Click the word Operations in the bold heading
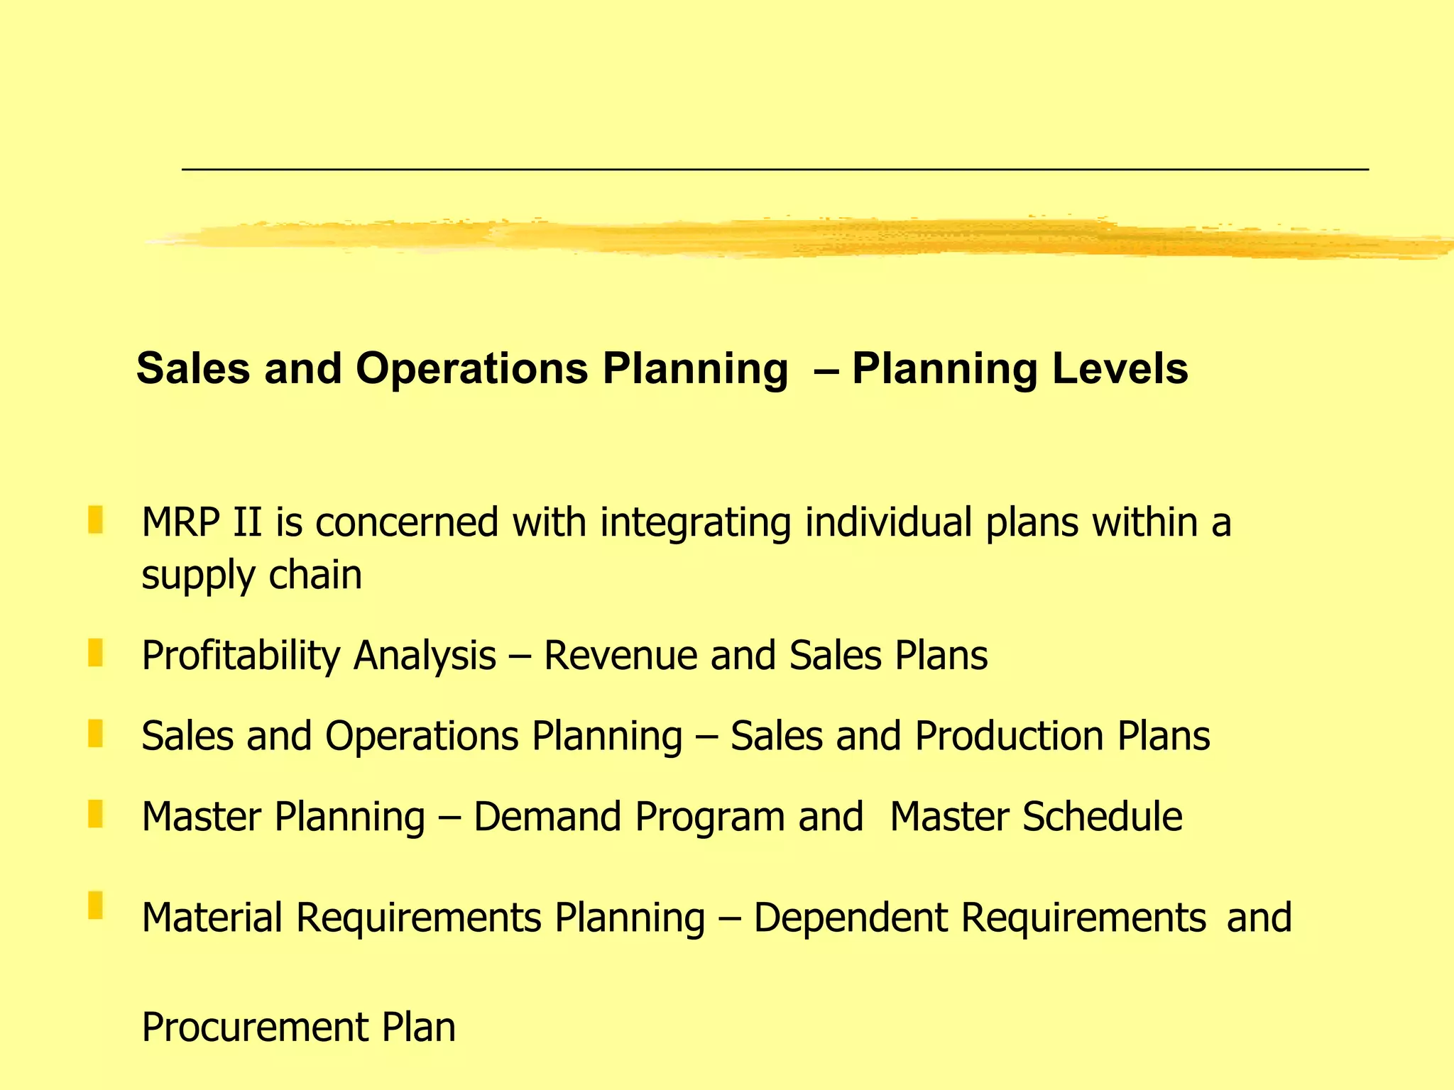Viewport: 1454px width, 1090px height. pyautogui.click(x=471, y=369)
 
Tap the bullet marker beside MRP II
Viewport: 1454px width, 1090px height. pyautogui.click(x=96, y=519)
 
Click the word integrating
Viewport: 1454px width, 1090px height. pyautogui.click(x=695, y=524)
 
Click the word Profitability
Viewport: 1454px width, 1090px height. pyautogui.click(x=241, y=656)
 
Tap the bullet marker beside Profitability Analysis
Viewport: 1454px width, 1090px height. pyautogui.click(x=96, y=652)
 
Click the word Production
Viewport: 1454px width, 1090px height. pyautogui.click(x=1009, y=736)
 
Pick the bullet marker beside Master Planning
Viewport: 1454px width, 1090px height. pyautogui.click(x=96, y=813)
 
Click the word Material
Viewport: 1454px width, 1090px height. pyautogui.click(x=212, y=918)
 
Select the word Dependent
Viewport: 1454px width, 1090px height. pyautogui.click(x=851, y=918)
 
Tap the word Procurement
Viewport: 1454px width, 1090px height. pyautogui.click(x=255, y=1028)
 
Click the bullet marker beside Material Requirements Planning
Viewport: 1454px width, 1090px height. pyautogui.click(x=96, y=905)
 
